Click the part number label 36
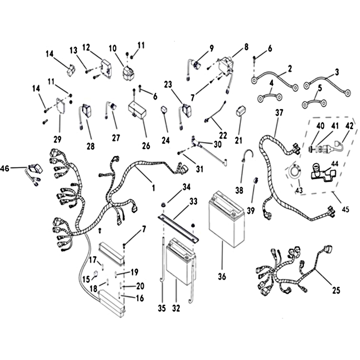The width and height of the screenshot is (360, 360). tap(222, 276)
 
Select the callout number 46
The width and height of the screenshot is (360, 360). tap(4, 168)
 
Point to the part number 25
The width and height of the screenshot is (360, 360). tap(336, 290)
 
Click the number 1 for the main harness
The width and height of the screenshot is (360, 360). tap(153, 188)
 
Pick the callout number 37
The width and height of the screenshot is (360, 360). tap(279, 113)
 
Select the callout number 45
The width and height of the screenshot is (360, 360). tap(345, 209)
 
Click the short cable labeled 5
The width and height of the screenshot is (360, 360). tap(314, 103)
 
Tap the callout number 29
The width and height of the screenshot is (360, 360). tap(58, 139)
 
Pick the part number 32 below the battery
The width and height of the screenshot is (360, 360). tap(176, 308)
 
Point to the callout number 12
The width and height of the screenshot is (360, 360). tap(86, 48)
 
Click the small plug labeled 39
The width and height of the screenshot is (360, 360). tap(256, 180)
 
